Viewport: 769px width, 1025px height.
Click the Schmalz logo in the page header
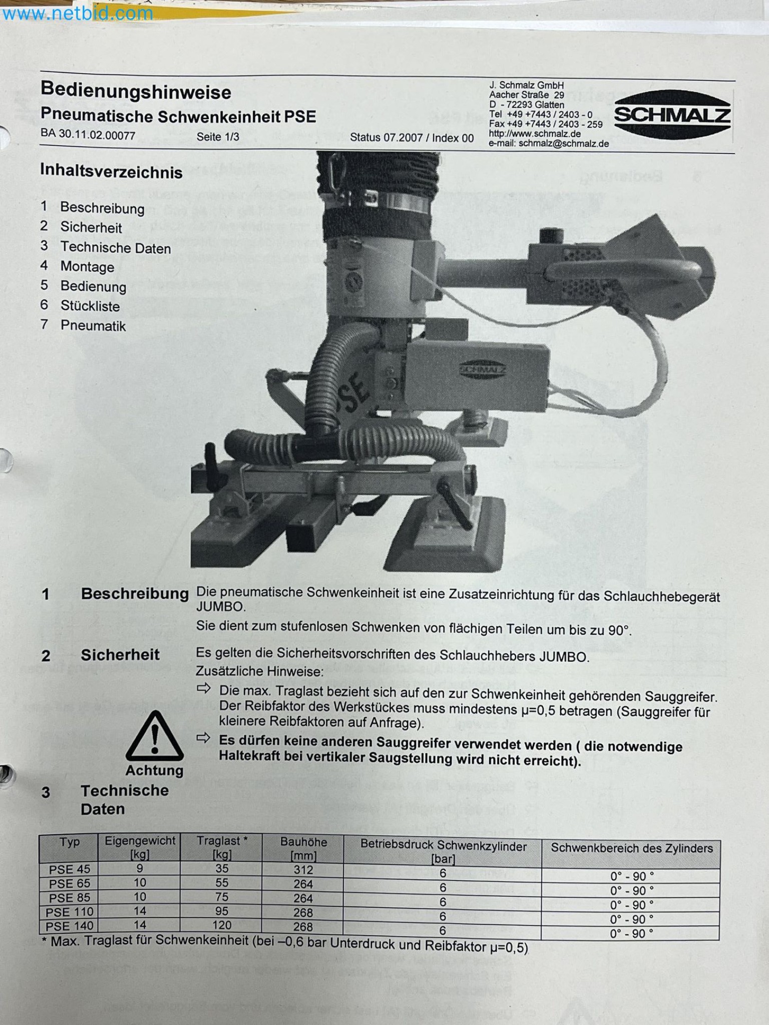tap(672, 115)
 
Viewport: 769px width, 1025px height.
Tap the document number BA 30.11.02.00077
tap(88, 135)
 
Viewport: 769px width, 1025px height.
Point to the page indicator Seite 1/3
tap(218, 137)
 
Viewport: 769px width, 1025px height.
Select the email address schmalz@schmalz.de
tap(564, 144)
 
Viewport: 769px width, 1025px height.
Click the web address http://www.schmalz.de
tap(535, 134)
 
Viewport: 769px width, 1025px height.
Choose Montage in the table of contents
tap(87, 267)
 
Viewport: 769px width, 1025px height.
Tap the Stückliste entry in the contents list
tap(90, 306)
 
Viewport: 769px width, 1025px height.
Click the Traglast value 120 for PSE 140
tap(222, 925)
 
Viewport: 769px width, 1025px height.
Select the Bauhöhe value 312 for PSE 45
tap(303, 870)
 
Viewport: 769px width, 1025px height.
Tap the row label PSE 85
tap(69, 897)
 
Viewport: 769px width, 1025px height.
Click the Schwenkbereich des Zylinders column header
tap(632, 848)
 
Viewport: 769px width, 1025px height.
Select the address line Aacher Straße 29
tap(527, 95)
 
